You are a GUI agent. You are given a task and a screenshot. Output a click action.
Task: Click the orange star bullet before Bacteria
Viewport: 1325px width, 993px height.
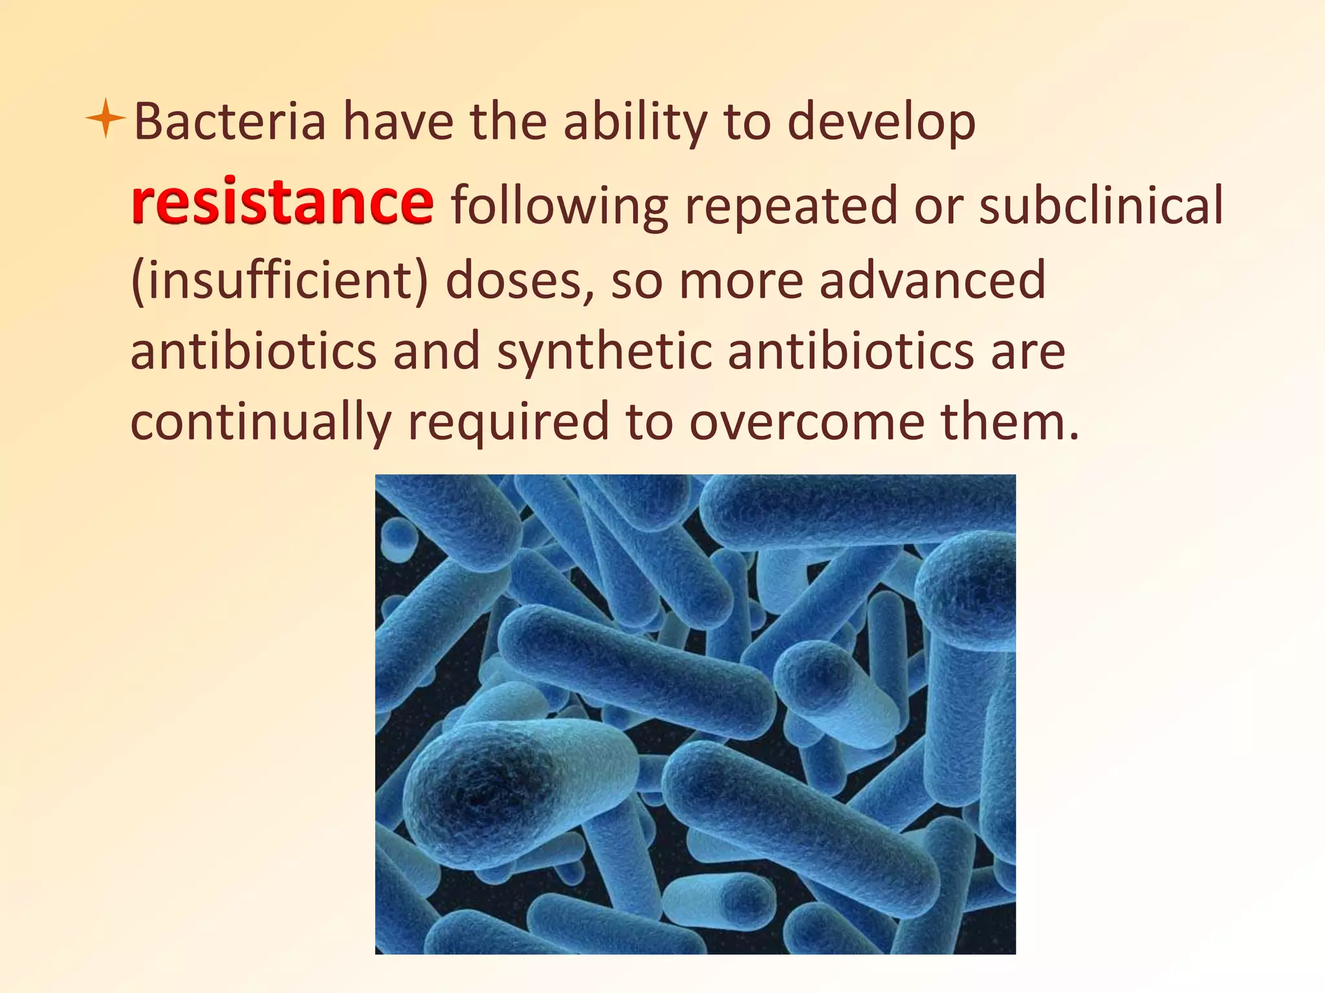coord(105,118)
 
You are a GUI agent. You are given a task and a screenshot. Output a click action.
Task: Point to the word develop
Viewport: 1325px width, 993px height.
coord(881,123)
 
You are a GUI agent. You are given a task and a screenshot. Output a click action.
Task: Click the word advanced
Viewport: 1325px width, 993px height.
coord(932,280)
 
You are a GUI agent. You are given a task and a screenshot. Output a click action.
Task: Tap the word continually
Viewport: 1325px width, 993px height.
coord(261,422)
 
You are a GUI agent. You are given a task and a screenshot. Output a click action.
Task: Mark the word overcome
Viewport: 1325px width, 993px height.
coord(807,422)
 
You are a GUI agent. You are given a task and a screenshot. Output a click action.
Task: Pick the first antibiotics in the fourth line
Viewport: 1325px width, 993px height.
coord(254,351)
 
